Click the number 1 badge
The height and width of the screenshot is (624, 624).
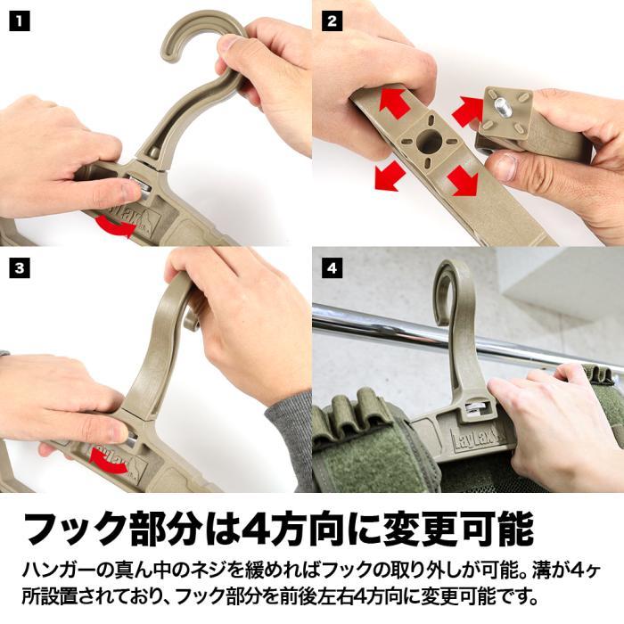tap(20, 20)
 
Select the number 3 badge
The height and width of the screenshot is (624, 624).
tap(20, 267)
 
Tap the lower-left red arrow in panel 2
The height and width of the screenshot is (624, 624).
tap(390, 176)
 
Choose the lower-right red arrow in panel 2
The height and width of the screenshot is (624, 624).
tap(463, 181)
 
